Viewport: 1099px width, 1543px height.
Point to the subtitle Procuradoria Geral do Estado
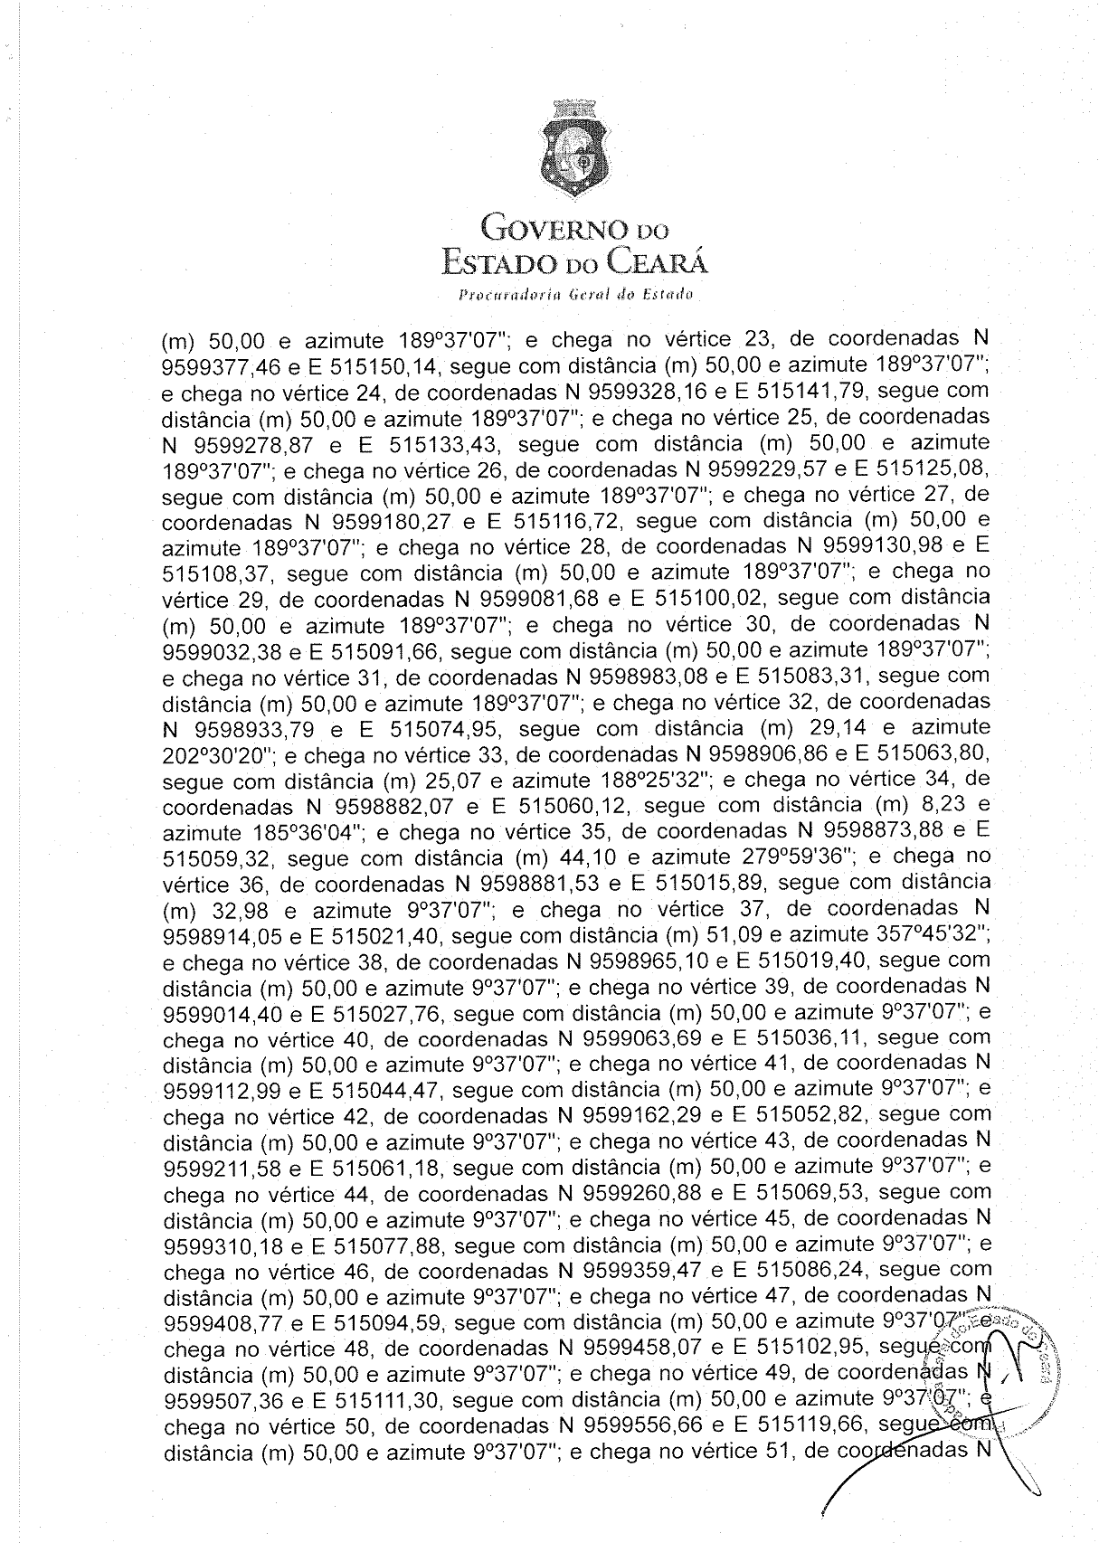(x=575, y=294)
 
